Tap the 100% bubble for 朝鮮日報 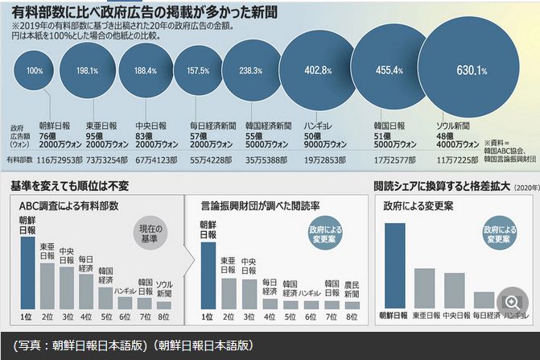coord(35,71)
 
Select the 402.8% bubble coord(313,71)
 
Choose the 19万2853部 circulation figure coord(321,159)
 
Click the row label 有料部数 coord(22,159)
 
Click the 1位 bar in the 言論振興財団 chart coord(207,275)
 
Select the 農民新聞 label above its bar coord(352,288)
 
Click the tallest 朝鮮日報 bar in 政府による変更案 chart coord(394,265)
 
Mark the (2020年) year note coord(522,187)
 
